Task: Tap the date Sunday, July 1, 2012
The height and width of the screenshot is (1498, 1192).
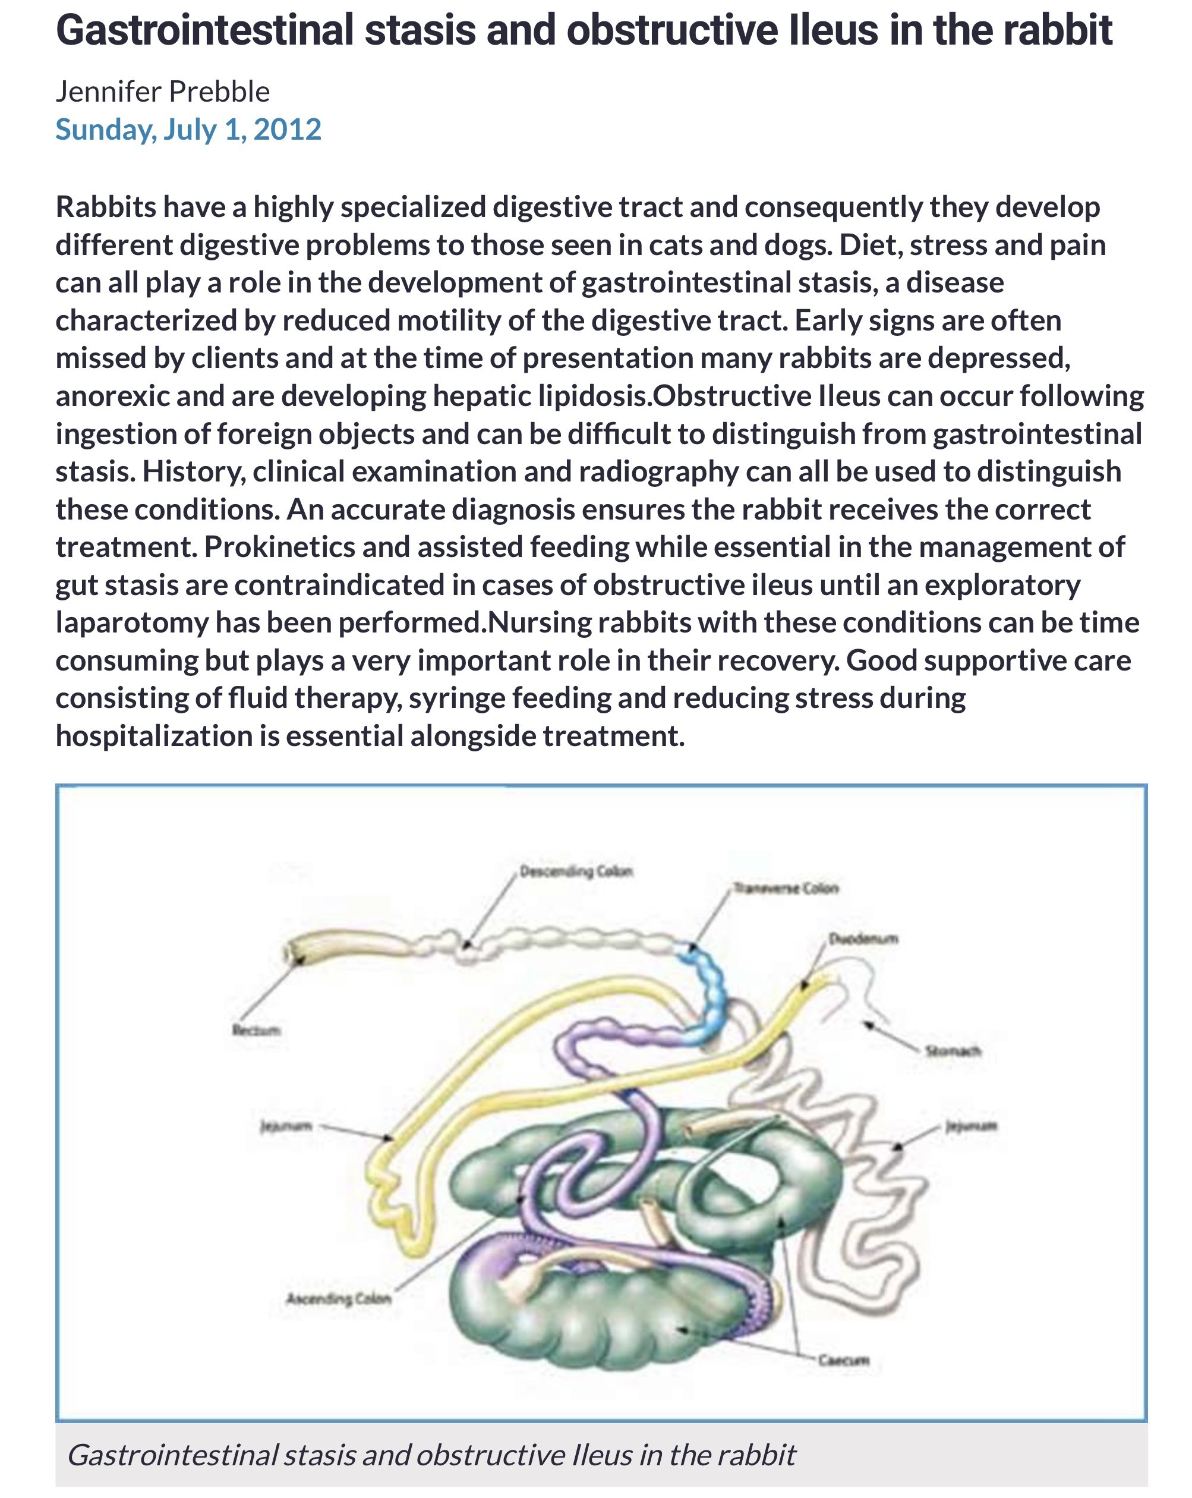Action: pyautogui.click(x=188, y=129)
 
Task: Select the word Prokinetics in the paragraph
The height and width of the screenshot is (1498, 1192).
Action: pyautogui.click(x=279, y=547)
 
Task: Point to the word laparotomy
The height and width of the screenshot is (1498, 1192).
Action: pyautogui.click(x=132, y=622)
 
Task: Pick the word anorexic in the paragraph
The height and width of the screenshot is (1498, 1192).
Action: pyautogui.click(x=112, y=396)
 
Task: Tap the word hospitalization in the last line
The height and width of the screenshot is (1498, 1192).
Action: pyautogui.click(x=153, y=736)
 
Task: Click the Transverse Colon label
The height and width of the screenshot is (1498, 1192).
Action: pyautogui.click(x=786, y=888)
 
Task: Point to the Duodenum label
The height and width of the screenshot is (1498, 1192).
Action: pyautogui.click(x=863, y=939)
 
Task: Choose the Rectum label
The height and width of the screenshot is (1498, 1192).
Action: pyautogui.click(x=256, y=1030)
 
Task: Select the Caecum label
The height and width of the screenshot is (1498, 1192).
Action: pyautogui.click(x=843, y=1359)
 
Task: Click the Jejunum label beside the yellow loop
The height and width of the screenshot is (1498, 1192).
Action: pyautogui.click(x=285, y=1125)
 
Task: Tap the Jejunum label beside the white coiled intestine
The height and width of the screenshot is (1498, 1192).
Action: pyautogui.click(x=971, y=1125)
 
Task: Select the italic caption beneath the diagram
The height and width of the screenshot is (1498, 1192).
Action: pyautogui.click(x=431, y=1455)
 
